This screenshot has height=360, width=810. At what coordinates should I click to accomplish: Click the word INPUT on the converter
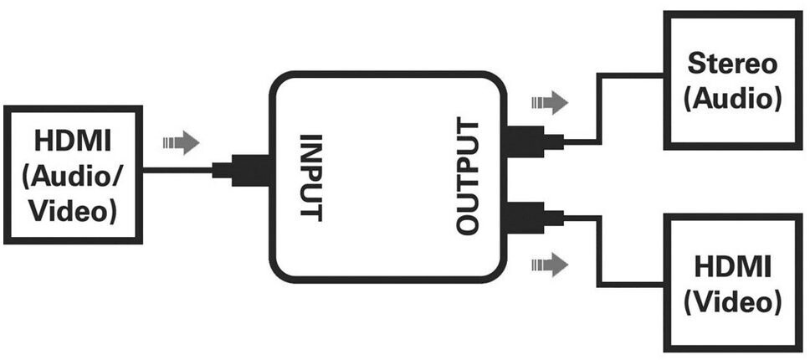click(x=310, y=177)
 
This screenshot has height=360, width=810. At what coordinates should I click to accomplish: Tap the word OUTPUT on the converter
click(x=469, y=177)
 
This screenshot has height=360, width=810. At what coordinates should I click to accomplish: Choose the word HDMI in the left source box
click(x=72, y=139)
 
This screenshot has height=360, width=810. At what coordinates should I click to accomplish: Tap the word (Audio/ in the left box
click(x=72, y=175)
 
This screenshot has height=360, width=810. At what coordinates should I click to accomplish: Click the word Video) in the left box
click(x=72, y=210)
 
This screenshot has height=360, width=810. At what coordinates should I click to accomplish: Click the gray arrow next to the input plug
click(x=182, y=142)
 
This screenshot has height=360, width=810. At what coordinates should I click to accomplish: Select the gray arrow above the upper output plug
click(x=549, y=103)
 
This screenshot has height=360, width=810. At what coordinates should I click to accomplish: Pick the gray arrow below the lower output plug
click(x=549, y=265)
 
